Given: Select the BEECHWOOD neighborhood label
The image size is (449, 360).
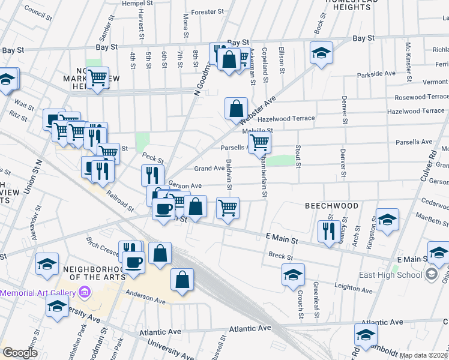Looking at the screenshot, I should click(331, 206).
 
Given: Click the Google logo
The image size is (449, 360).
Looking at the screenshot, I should click(20, 353).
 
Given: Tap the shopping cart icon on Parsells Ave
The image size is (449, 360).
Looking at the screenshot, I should click(259, 142).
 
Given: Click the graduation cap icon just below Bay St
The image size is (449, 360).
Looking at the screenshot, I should click(321, 52).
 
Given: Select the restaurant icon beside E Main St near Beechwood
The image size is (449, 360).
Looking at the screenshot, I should click(328, 231).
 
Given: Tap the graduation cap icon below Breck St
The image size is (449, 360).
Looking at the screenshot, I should click(293, 275).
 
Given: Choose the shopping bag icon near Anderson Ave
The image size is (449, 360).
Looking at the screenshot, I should click(182, 280).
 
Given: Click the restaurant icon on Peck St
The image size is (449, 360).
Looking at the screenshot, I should click(152, 175).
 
